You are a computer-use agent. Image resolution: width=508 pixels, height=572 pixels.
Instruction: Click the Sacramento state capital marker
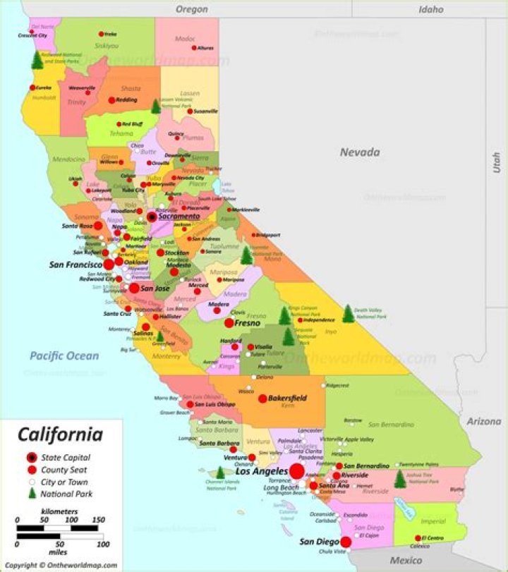pos(152,217)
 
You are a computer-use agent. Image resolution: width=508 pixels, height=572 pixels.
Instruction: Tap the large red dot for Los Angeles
pos(297,471)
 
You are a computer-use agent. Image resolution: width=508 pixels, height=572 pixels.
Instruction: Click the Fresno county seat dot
pos(229,323)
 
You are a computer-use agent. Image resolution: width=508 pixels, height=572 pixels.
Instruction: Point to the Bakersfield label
pos(287,398)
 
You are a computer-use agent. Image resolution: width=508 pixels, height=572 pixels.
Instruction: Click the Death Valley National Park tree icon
pos(348,314)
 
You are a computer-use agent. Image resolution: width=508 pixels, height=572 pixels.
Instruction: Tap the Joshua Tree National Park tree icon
pos(400,479)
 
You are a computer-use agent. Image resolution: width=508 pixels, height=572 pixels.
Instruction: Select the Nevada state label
pos(360,152)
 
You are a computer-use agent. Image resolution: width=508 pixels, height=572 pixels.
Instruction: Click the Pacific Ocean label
pos(64,355)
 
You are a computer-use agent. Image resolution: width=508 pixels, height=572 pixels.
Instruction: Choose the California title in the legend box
pos(60,434)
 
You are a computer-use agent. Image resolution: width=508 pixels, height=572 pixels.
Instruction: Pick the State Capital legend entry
pos(66,457)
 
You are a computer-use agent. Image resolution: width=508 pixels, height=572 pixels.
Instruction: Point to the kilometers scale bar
pos(57,528)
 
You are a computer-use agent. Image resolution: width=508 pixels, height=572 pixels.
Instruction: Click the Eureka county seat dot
pos(32,88)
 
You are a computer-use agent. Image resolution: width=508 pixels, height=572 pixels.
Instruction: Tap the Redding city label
pos(127,100)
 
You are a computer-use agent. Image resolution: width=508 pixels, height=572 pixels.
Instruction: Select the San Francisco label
pos(75,265)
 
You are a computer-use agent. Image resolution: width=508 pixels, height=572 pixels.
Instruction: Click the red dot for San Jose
pos(134,288)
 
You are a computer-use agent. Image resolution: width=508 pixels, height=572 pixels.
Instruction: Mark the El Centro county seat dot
pos(417,538)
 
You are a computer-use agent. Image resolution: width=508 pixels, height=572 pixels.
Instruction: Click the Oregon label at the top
pos(192,9)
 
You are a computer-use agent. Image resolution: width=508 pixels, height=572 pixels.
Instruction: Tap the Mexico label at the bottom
pos(406,560)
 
